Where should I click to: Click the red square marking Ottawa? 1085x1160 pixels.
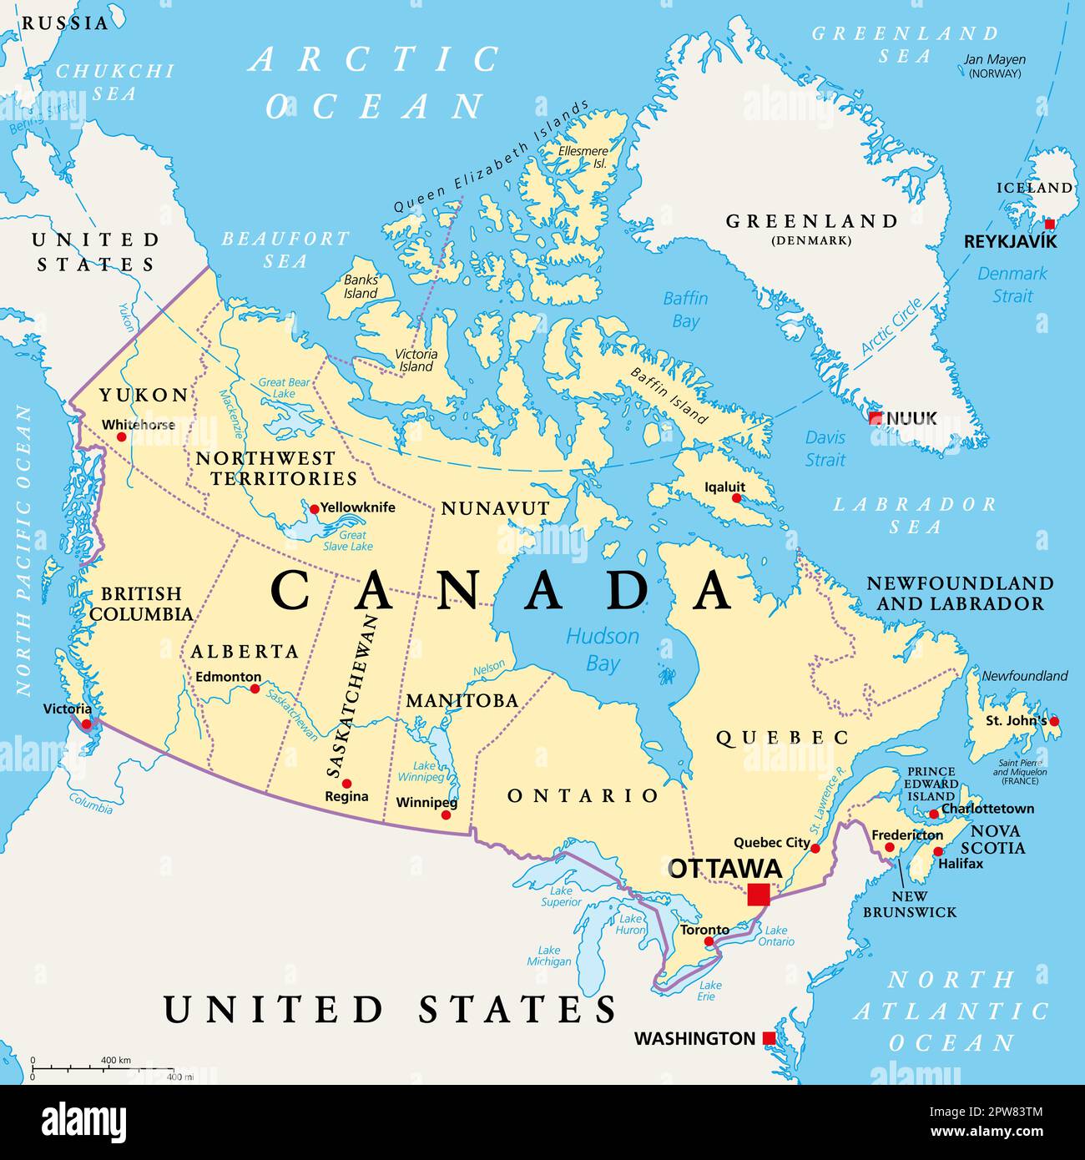click(x=759, y=894)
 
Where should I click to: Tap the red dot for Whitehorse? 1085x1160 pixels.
click(x=121, y=436)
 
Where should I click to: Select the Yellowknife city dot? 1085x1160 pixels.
click(x=315, y=508)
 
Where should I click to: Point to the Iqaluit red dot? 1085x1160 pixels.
click(x=736, y=498)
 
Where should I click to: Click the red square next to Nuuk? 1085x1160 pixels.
click(x=875, y=418)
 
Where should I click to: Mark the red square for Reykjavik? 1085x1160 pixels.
click(x=1050, y=224)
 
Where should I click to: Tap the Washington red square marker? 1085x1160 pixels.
click(x=769, y=1038)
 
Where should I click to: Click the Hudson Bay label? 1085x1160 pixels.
click(x=603, y=649)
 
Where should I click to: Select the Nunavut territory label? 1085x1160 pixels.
click(x=495, y=508)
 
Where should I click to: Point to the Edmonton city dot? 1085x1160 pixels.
click(x=255, y=688)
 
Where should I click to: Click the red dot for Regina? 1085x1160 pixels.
click(x=346, y=784)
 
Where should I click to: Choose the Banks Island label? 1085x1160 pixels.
click(x=361, y=287)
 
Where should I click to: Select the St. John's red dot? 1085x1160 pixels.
click(x=1054, y=721)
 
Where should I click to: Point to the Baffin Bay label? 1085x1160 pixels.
click(x=685, y=309)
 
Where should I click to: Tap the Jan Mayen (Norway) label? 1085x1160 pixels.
click(x=994, y=66)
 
